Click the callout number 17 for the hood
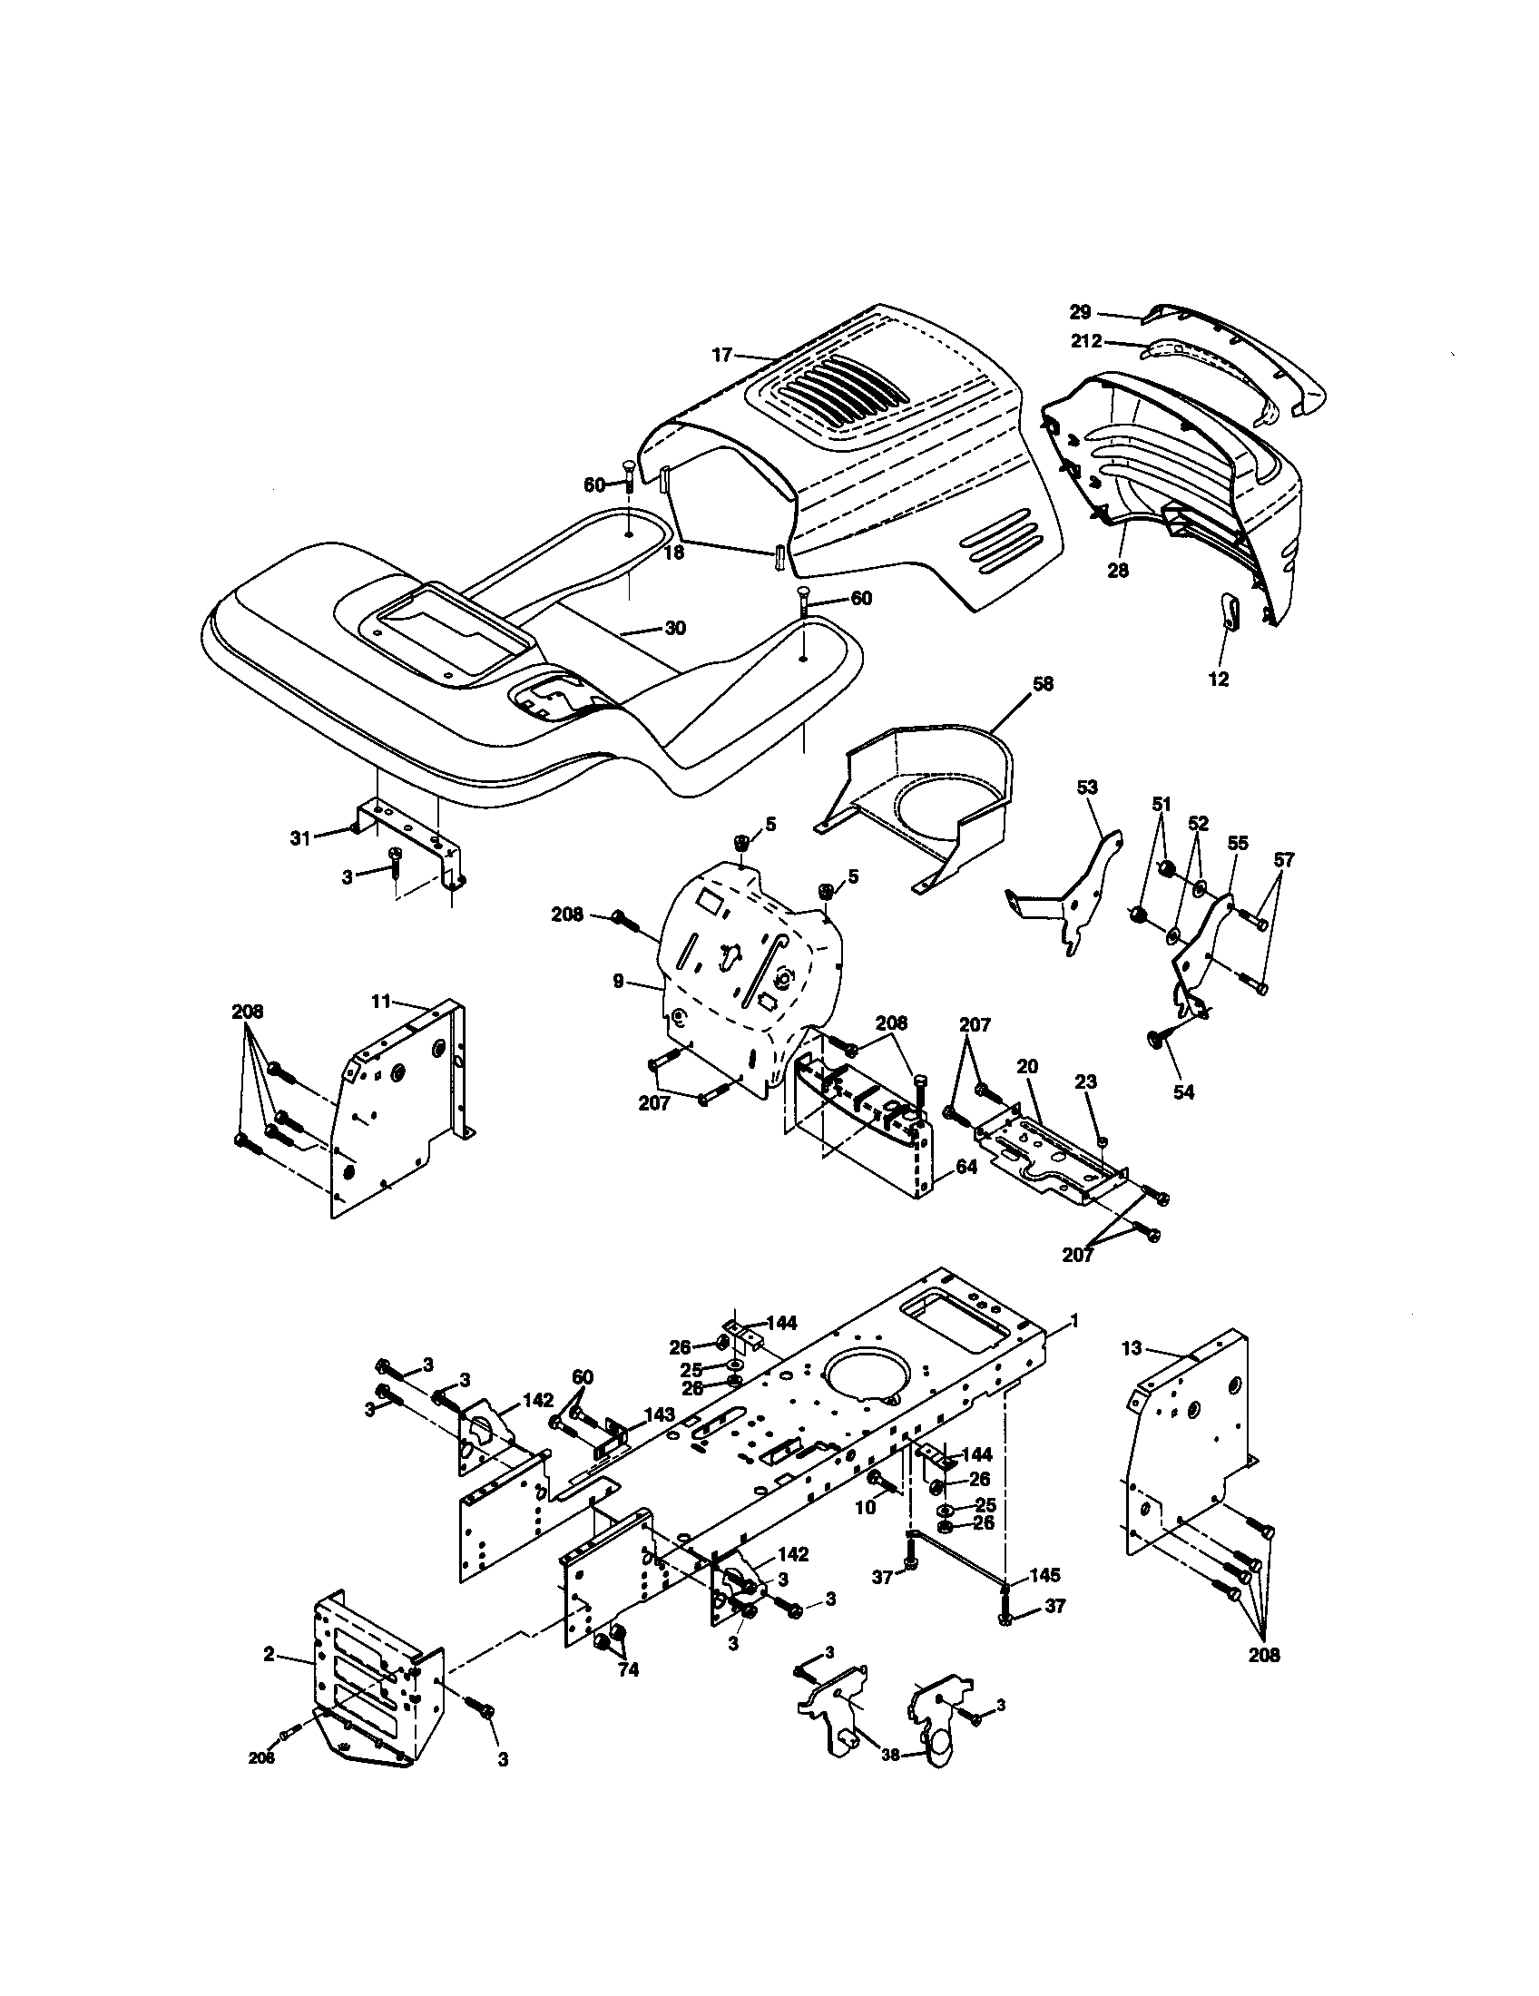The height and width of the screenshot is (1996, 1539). [722, 356]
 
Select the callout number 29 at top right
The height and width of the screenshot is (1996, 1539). [1080, 313]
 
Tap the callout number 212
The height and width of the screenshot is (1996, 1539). [1087, 343]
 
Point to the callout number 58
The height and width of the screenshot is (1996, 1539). [1043, 684]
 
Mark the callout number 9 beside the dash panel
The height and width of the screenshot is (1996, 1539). [619, 981]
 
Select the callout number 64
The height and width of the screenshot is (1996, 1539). [966, 1166]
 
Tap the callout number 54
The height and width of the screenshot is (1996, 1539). [1183, 1091]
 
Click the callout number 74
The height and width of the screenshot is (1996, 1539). [628, 1669]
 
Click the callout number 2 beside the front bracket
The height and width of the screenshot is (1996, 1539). [269, 1655]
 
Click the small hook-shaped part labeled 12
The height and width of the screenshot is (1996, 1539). [1230, 610]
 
